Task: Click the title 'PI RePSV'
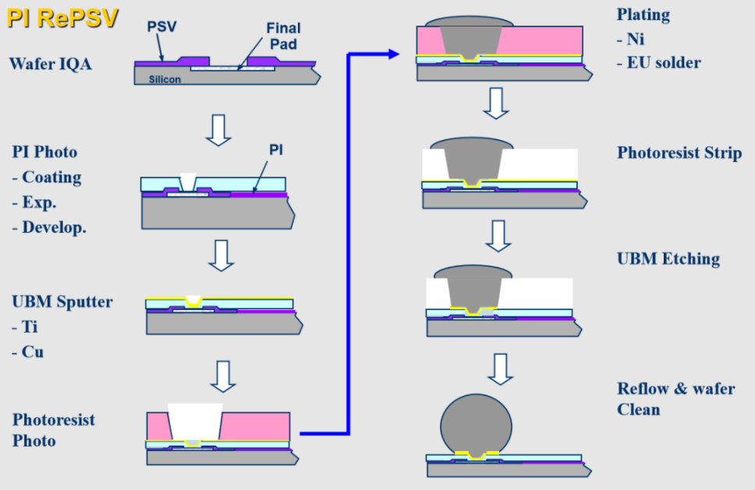pyautogui.click(x=63, y=17)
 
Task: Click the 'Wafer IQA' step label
pyautogui.click(x=51, y=64)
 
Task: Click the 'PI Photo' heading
pyautogui.click(x=44, y=151)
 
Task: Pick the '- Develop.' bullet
pyautogui.click(x=48, y=227)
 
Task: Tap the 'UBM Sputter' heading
pyautogui.click(x=62, y=301)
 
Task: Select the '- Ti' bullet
pyautogui.click(x=24, y=327)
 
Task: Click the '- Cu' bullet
pyautogui.click(x=27, y=352)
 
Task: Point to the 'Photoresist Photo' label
pyautogui.click(x=53, y=430)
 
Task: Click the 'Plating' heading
pyautogui.click(x=643, y=14)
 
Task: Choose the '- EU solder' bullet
pyautogui.click(x=659, y=62)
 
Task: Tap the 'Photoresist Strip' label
pyautogui.click(x=679, y=153)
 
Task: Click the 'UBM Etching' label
pyautogui.click(x=668, y=259)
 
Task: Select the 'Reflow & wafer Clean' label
pyautogui.click(x=675, y=398)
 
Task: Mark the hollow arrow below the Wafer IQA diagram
pyautogui.click(x=219, y=131)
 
